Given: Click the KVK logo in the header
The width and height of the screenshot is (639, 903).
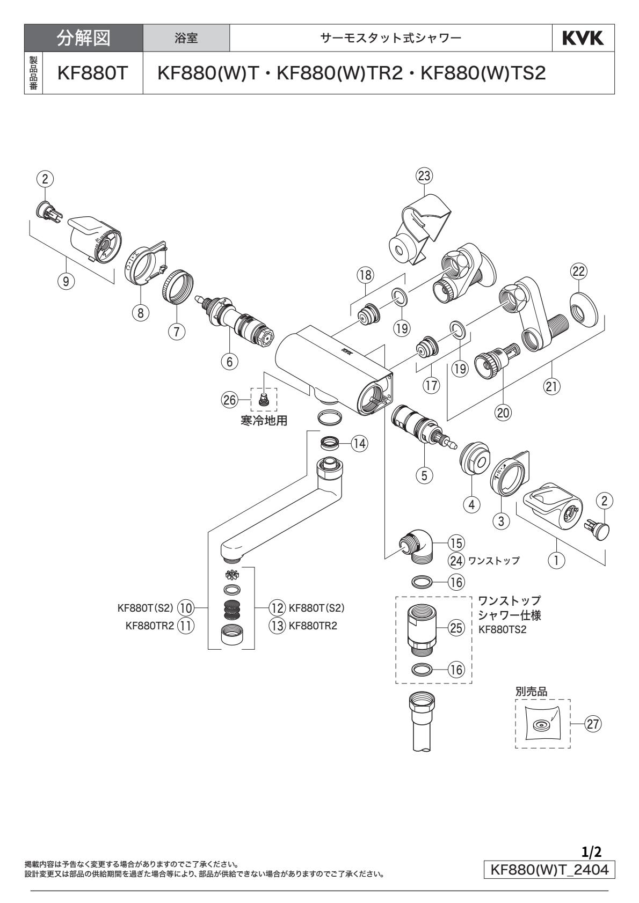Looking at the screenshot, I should pyautogui.click(x=583, y=39).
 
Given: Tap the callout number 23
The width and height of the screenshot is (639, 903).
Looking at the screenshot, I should pyautogui.click(x=425, y=175).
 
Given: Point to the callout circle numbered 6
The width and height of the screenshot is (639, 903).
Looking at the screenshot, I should pyautogui.click(x=230, y=362).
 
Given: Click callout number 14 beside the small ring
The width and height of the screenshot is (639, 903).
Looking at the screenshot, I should pyautogui.click(x=360, y=443).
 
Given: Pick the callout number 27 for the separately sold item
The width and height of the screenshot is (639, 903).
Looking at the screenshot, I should pyautogui.click(x=592, y=724).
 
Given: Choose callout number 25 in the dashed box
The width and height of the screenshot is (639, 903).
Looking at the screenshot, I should pyautogui.click(x=456, y=628).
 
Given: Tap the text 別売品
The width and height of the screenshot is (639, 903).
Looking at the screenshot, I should pyautogui.click(x=531, y=692).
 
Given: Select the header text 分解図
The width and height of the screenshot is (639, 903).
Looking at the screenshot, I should pyautogui.click(x=83, y=39).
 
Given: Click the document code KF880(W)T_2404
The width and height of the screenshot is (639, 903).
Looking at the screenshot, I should pyautogui.click(x=549, y=869).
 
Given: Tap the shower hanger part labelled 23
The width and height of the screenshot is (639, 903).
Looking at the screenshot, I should pyautogui.click(x=419, y=228).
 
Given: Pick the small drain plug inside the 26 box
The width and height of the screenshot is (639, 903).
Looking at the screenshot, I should pyautogui.click(x=264, y=399).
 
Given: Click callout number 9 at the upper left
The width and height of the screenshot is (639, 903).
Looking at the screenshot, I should pyautogui.click(x=66, y=282).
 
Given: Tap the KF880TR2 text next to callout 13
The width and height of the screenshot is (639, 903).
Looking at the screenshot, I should pyautogui.click(x=313, y=626).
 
